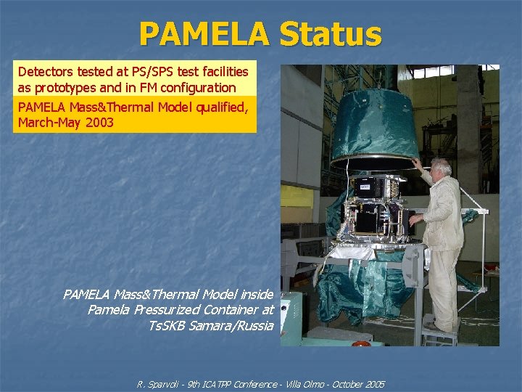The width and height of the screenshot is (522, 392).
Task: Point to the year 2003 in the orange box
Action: [99, 122]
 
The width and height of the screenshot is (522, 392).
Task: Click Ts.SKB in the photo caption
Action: [167, 325]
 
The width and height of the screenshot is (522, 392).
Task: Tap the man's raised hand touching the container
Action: [416, 163]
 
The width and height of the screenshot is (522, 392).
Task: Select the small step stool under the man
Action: [440, 335]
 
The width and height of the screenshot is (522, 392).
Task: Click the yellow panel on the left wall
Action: [297, 196]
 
